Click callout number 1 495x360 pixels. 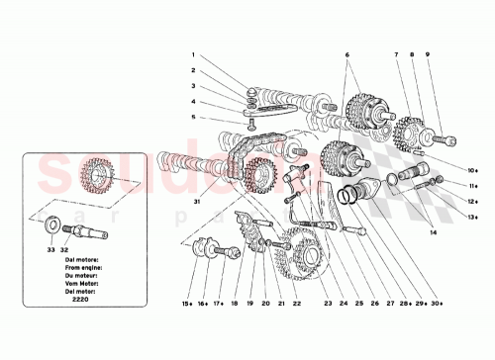pos(194,55)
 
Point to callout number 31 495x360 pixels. pos(197,202)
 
